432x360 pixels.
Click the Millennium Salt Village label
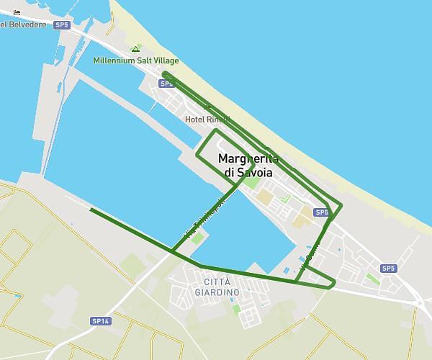pos(136,60)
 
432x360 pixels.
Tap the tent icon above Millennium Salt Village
pos(135,49)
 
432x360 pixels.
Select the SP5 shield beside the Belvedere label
pos(62,24)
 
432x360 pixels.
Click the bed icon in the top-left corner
pos(17,12)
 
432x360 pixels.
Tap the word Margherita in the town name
pos(247,158)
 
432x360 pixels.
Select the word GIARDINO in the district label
pos(217,292)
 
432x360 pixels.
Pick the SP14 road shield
pos(101,320)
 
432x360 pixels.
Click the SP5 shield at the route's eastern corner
pos(321,212)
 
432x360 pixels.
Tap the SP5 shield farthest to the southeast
pos(389,269)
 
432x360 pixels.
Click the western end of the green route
pos(91,210)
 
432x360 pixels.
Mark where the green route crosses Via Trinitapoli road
pos(173,251)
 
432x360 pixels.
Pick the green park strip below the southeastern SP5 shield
pos(373,279)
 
